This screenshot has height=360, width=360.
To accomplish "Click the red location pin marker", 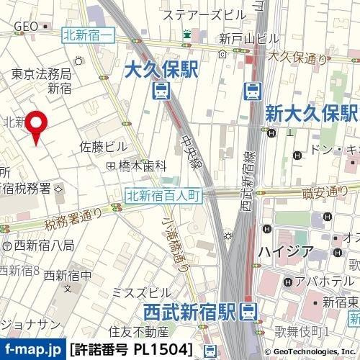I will click(37, 127).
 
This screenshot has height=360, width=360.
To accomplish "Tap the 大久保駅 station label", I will click(161, 70).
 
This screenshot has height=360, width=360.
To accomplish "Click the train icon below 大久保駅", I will click(161, 91).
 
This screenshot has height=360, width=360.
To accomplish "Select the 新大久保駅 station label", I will click(311, 113).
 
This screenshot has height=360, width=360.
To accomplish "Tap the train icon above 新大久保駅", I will click(252, 91).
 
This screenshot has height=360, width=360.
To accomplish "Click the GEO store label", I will click(25, 26).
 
